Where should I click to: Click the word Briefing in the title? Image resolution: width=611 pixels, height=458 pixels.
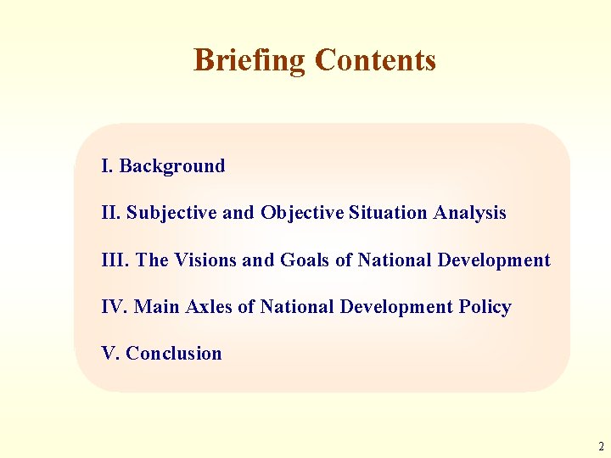tap(249, 60)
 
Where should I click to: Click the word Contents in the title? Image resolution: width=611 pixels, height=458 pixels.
tap(375, 60)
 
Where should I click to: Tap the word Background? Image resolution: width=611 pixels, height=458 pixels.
tap(172, 166)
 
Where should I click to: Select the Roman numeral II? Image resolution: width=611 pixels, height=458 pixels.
tap(109, 213)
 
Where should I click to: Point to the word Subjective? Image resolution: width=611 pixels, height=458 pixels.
tap(171, 213)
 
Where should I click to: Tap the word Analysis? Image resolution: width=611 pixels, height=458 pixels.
tap(469, 213)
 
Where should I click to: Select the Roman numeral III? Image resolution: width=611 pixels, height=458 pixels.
tap(113, 260)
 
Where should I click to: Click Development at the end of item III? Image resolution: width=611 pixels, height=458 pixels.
tap(494, 260)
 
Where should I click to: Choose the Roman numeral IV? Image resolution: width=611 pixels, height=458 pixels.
tap(113, 307)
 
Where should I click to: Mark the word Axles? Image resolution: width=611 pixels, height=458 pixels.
tap(205, 307)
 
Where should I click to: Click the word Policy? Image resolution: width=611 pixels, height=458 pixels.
tap(485, 307)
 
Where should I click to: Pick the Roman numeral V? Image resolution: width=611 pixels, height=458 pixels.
tap(109, 354)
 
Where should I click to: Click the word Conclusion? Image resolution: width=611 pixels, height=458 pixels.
tap(174, 354)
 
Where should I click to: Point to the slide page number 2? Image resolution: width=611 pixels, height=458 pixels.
tap(600, 446)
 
